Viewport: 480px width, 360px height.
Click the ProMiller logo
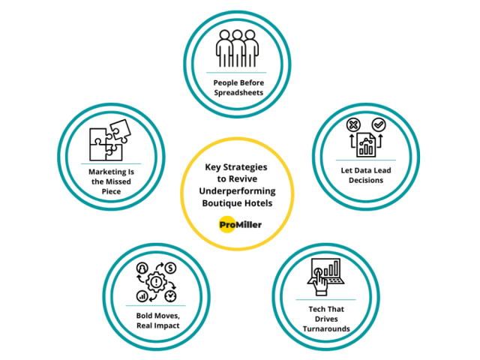click(240, 225)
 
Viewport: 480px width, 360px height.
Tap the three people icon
click(237, 48)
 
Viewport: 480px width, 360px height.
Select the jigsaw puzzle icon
click(110, 140)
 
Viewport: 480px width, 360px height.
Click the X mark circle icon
click(353, 125)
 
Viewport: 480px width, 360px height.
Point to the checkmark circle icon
click(379, 124)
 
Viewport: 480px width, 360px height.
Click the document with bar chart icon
click(366, 145)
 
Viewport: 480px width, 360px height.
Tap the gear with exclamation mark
click(157, 282)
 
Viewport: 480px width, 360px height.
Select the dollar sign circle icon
click(170, 268)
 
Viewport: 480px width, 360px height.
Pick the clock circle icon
click(170, 296)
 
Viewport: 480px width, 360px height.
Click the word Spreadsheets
click(238, 93)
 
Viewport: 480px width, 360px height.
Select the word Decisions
click(366, 180)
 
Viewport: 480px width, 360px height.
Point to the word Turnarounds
click(326, 328)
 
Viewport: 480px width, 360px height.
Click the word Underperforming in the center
click(237, 191)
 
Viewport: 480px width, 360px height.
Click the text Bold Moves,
click(158, 316)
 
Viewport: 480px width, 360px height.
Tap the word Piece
click(111, 192)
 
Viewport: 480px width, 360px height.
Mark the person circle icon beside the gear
click(142, 268)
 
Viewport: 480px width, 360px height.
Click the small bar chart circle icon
click(142, 296)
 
